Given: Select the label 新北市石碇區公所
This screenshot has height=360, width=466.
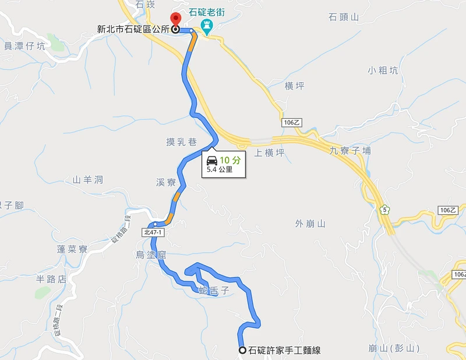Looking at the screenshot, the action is tap(134, 29).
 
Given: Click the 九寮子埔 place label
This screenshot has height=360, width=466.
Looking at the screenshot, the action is tap(350, 151).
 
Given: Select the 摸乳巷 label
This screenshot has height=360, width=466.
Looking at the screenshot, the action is tap(181, 142).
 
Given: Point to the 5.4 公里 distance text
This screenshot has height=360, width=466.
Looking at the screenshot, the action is tap(220, 170).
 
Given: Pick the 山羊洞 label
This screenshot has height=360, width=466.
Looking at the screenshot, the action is tap(88, 179).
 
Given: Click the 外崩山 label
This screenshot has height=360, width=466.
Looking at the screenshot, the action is tap(310, 223).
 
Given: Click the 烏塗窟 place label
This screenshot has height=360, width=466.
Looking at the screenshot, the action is tap(151, 254).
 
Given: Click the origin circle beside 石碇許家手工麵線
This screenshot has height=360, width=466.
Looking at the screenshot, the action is tap(242, 350).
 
